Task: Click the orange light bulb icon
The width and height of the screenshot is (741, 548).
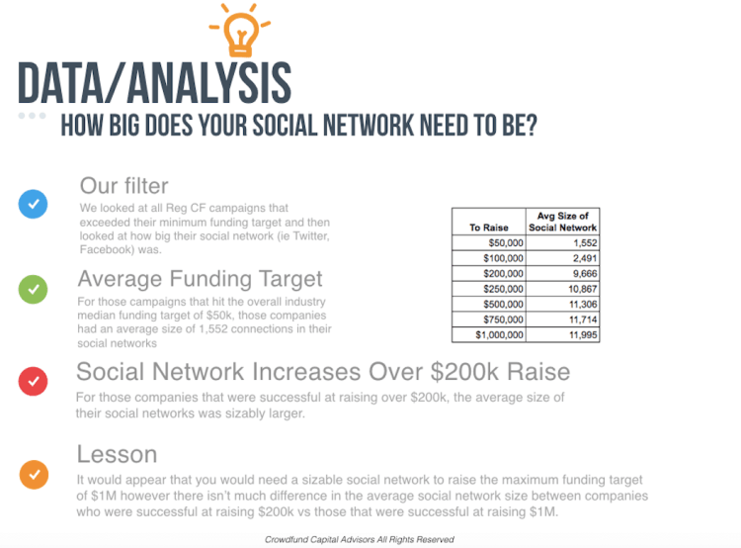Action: pyautogui.click(x=240, y=30)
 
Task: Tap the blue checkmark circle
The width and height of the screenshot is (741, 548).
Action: pyautogui.click(x=33, y=204)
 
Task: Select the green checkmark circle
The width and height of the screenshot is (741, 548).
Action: pyautogui.click(x=33, y=289)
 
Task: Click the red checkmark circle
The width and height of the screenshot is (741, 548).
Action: pyautogui.click(x=33, y=381)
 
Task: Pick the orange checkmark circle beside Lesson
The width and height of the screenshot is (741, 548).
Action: pyautogui.click(x=34, y=474)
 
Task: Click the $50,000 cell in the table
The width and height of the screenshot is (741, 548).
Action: pyautogui.click(x=489, y=242)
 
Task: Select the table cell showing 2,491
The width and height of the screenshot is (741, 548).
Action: pyautogui.click(x=562, y=258)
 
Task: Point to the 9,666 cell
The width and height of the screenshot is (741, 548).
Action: pyautogui.click(x=562, y=274)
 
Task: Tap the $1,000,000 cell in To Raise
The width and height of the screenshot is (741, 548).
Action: pyautogui.click(x=489, y=334)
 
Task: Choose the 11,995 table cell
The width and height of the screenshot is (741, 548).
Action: pyautogui.click(x=562, y=334)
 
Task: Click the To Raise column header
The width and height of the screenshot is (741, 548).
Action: pyautogui.click(x=489, y=222)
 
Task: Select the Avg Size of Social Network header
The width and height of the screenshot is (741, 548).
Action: pyautogui.click(x=562, y=222)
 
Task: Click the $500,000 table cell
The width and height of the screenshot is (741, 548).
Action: pyautogui.click(x=489, y=304)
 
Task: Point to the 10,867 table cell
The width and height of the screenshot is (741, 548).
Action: pyautogui.click(x=562, y=289)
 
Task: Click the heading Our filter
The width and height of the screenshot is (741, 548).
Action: pyautogui.click(x=123, y=186)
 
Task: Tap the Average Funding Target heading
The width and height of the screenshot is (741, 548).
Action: pyautogui.click(x=200, y=279)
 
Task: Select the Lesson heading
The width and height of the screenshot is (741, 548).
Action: pyautogui.click(x=117, y=454)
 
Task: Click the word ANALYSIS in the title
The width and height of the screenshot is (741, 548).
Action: pyautogui.click(x=208, y=83)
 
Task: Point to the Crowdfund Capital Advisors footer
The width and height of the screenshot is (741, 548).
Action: pyautogui.click(x=360, y=539)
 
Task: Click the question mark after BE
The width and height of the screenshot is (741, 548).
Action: pyautogui.click(x=532, y=126)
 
